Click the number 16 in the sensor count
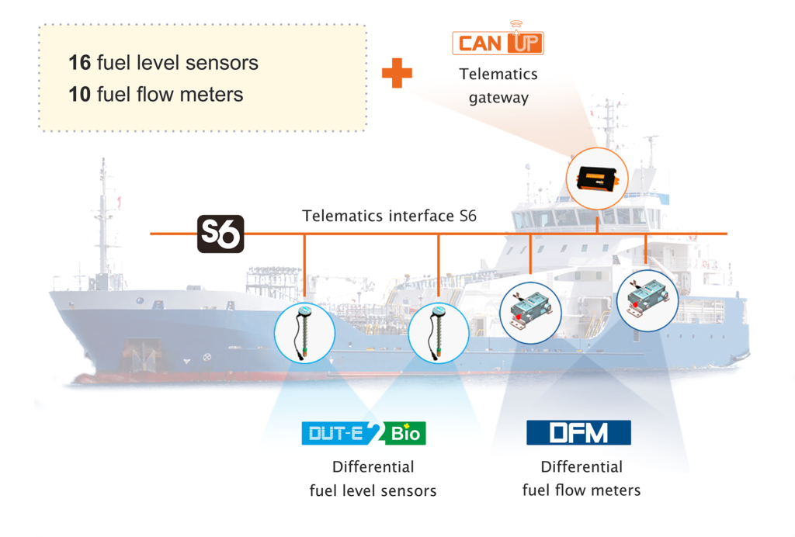pos(79,63)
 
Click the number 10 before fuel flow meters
pos(79,95)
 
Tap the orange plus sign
pos(397,73)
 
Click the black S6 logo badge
pos(220,234)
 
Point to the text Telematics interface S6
pos(389,216)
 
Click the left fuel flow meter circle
pos(529,310)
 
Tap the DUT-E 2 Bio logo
pos(363,432)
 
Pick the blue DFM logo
pos(578,432)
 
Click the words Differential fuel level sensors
pos(373,479)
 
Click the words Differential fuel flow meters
pos(581,478)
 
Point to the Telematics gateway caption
pos(498,85)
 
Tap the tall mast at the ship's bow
pos(102,217)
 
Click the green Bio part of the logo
pos(405,432)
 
